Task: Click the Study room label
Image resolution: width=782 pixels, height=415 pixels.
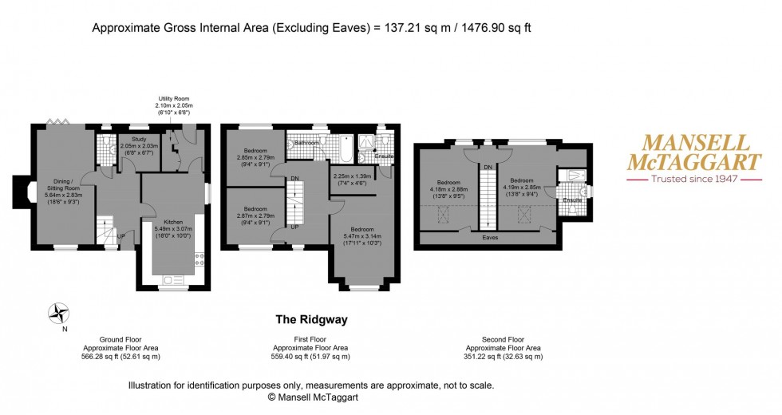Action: pos(139,139)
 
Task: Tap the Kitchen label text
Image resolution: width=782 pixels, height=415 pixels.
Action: pos(173,222)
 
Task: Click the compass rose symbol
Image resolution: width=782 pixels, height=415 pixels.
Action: pos(59,314)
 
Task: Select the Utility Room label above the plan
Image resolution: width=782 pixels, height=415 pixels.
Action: pos(174,99)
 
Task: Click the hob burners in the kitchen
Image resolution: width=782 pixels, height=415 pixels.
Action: pos(199,259)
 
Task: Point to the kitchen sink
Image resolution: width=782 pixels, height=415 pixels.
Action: pos(174,281)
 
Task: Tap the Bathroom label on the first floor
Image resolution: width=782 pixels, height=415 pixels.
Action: pos(306,143)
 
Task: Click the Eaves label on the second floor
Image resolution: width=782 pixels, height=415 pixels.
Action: pos(490,238)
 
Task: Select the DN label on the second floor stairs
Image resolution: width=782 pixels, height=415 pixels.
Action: pos(488,167)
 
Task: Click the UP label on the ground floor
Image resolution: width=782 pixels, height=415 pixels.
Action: pos(120,236)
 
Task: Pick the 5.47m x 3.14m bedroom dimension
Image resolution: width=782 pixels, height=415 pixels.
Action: pos(362,236)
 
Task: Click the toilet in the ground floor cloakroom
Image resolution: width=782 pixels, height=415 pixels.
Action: pos(105,142)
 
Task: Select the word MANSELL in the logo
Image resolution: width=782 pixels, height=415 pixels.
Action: pos(695,143)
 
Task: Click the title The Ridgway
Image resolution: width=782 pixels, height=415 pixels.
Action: pos(312,320)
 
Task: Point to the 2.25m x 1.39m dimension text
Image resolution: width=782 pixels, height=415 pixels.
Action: pos(353,176)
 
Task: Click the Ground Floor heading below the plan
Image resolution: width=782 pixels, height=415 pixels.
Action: pos(120,340)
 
